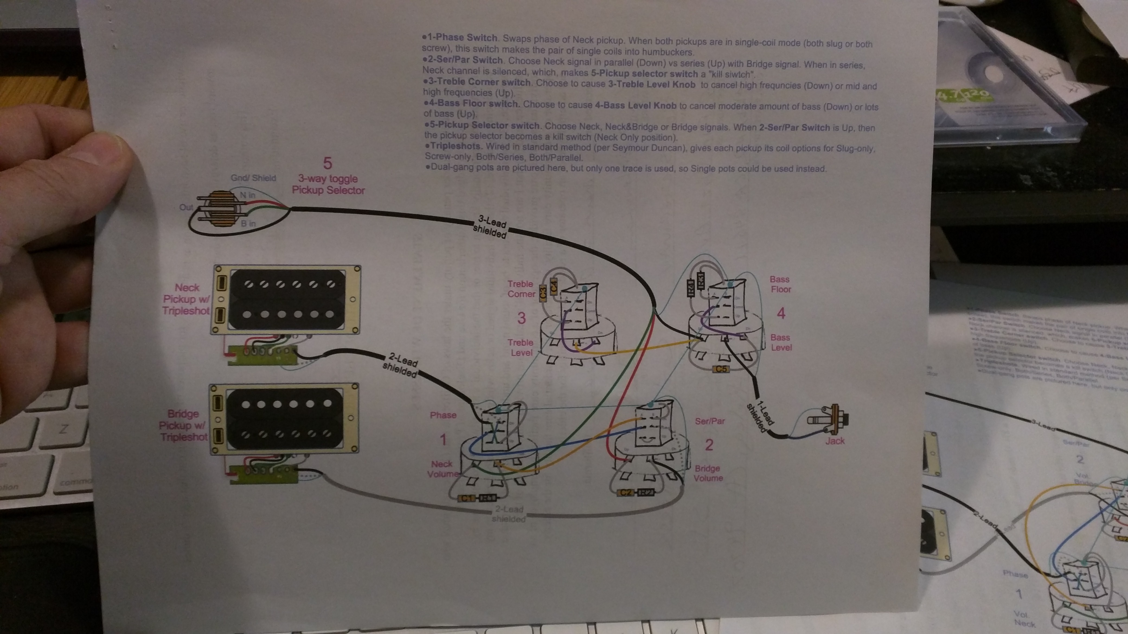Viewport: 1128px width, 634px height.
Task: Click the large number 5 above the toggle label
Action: (x=328, y=163)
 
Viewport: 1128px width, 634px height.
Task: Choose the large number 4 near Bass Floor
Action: (x=781, y=313)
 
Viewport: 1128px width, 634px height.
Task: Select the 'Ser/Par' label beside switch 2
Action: (x=710, y=421)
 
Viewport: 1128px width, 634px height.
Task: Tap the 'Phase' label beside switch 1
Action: (x=443, y=415)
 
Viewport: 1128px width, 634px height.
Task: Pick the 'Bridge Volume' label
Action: (x=708, y=473)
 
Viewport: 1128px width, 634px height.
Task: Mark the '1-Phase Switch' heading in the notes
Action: (x=462, y=38)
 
